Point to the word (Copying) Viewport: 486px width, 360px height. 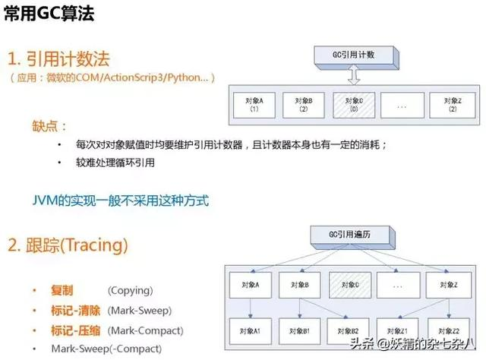130,291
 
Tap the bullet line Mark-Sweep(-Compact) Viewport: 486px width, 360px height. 106,349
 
